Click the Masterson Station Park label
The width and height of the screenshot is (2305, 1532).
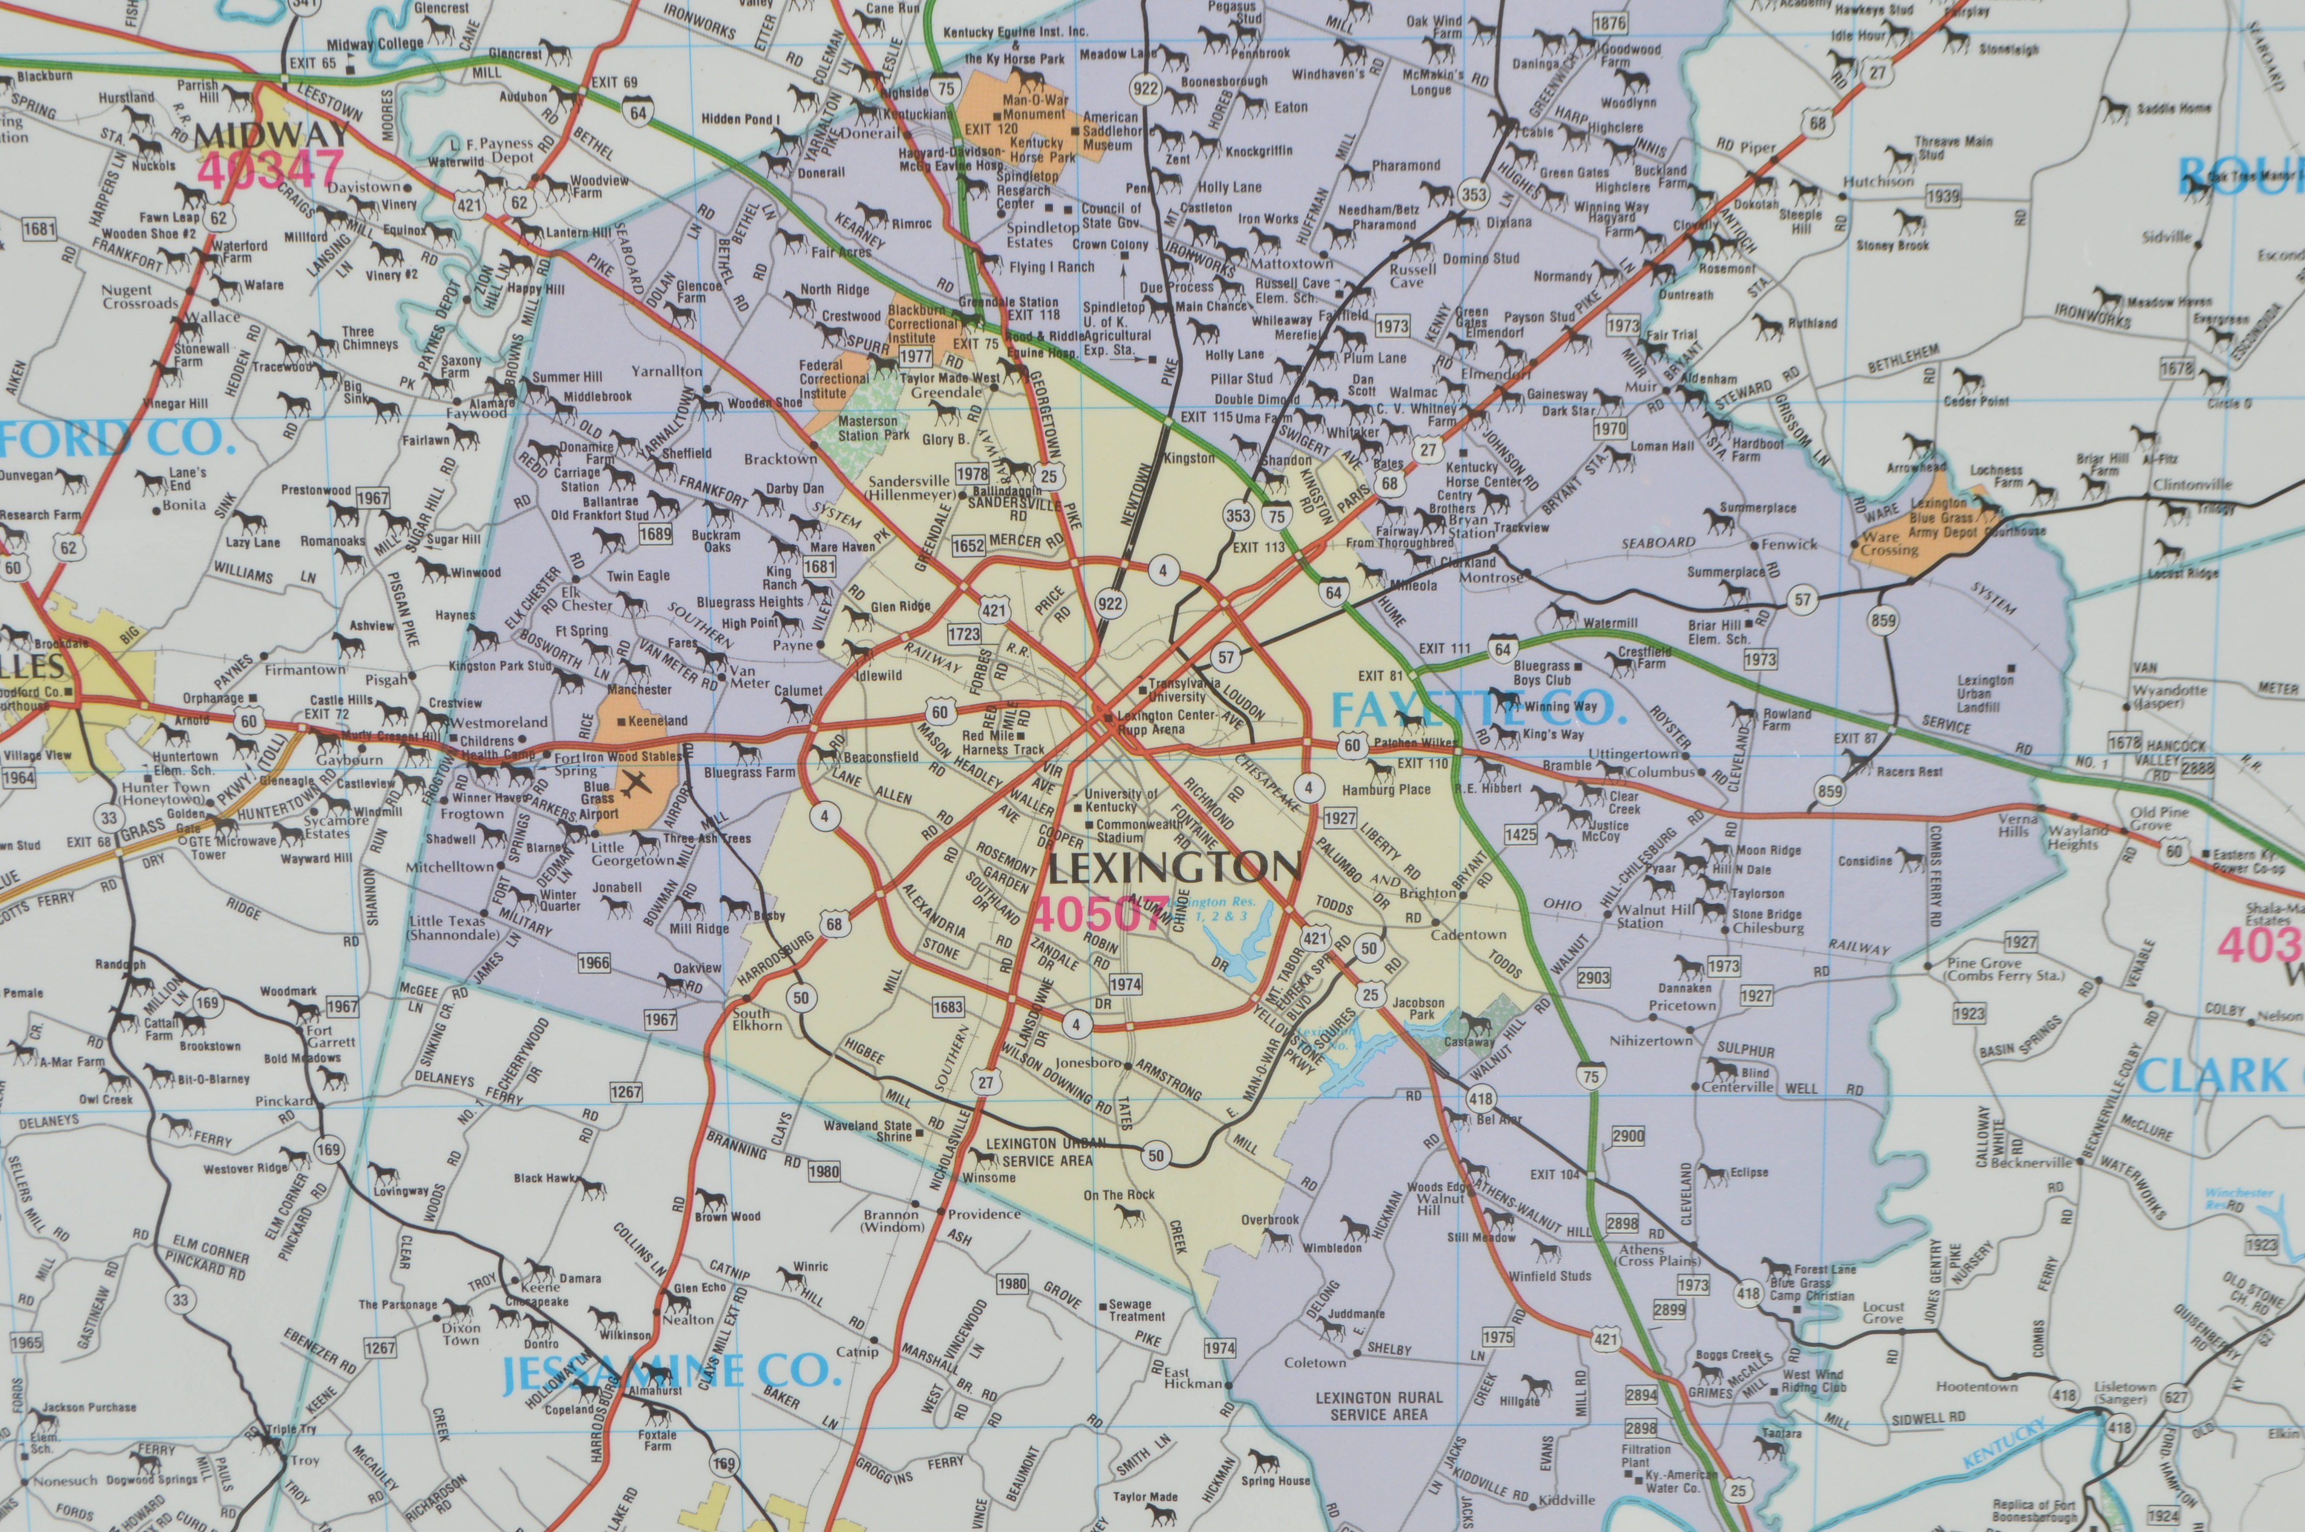click(873, 428)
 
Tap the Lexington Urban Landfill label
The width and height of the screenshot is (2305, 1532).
click(1985, 693)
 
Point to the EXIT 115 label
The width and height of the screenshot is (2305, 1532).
click(1207, 416)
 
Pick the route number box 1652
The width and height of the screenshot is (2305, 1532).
click(968, 545)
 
